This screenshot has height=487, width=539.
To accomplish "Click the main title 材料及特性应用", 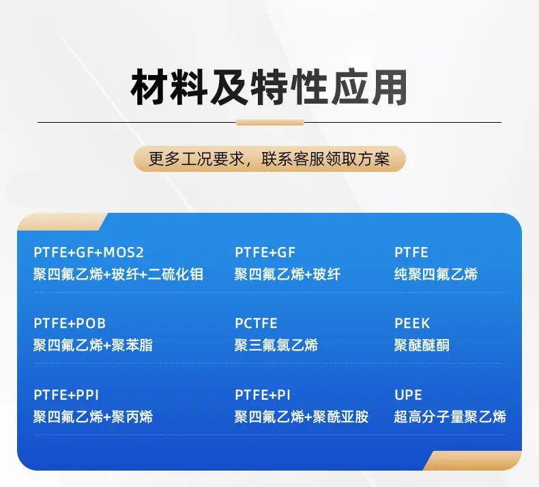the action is (269, 87).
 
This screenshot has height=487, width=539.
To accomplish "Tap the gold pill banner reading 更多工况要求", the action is (269, 159).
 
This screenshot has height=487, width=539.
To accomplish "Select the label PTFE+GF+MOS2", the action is (89, 252).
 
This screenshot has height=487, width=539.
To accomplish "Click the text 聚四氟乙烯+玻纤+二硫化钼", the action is (118, 274).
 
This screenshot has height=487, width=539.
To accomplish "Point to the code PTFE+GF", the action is (265, 252).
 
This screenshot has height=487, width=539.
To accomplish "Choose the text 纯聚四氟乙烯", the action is (436, 274).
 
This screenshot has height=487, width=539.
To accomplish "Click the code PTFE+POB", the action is (70, 323).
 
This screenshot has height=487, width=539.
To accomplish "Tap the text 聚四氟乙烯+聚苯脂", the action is (93, 345).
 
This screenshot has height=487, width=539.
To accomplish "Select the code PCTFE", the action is (256, 323).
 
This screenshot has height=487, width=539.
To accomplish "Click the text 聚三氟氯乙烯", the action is (276, 345).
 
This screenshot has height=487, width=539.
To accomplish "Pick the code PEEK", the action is (412, 323).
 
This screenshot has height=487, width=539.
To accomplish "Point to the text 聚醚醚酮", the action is (422, 345).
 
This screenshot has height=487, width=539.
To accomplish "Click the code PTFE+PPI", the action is (66, 395).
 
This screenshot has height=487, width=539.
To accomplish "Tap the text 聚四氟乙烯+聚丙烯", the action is (93, 417).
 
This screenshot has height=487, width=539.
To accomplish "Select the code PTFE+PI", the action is (263, 395).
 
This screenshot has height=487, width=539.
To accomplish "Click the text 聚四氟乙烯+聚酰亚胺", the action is (302, 417).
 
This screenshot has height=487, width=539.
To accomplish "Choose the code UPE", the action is (408, 395).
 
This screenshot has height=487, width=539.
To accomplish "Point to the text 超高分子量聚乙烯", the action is (450, 417).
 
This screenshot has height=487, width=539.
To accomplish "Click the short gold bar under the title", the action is (270, 122).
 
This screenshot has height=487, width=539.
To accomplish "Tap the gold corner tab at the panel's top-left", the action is (60, 222).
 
